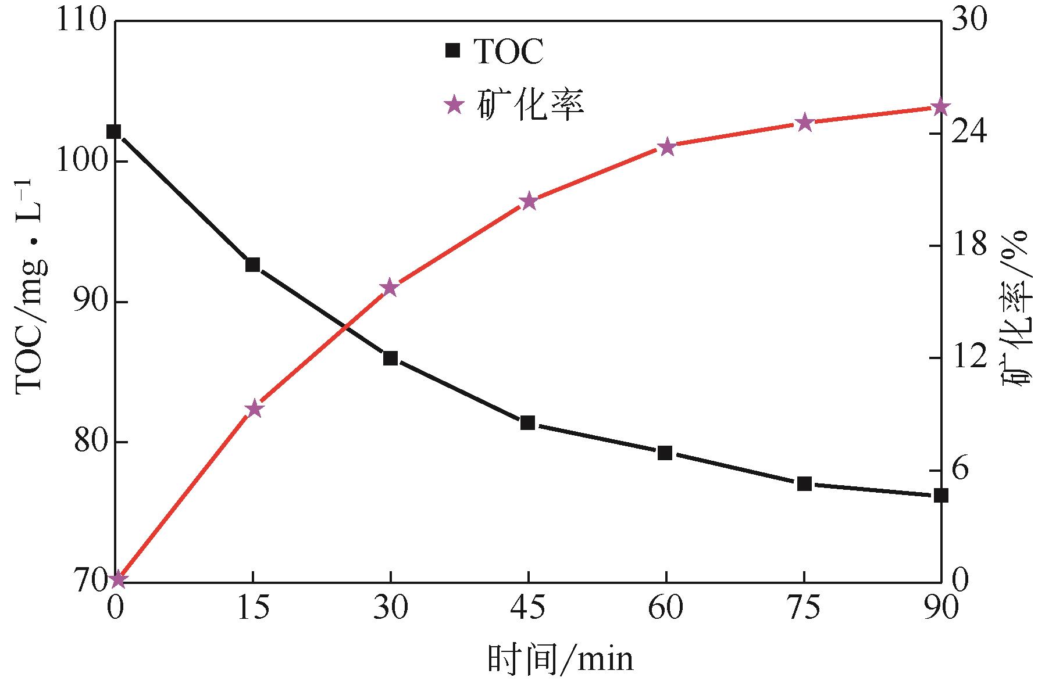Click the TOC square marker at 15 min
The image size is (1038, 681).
(252, 265)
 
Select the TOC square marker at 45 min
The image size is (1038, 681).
(527, 423)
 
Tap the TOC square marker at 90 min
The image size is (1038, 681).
(940, 496)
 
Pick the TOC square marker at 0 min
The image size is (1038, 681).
(114, 132)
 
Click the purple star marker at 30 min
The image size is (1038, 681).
(390, 288)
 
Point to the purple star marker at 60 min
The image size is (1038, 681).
(667, 147)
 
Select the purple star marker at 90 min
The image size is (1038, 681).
(940, 107)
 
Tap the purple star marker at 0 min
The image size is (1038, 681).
(118, 579)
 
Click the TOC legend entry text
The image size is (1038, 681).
(509, 52)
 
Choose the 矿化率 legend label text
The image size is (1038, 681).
(530, 105)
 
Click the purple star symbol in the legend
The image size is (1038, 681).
(454, 105)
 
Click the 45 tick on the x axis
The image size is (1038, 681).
(528, 608)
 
